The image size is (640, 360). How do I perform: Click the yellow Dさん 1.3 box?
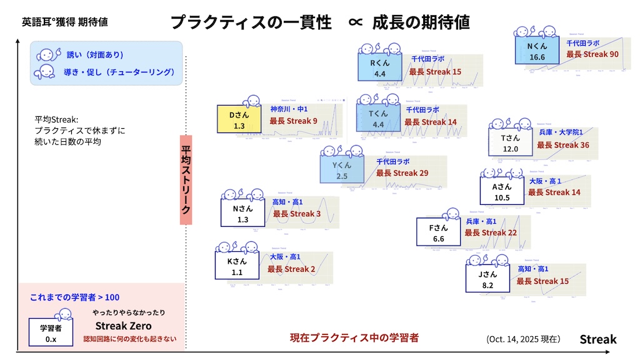(239, 120)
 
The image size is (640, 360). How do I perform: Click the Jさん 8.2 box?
(487, 279)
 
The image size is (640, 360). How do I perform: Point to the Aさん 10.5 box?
(502, 192)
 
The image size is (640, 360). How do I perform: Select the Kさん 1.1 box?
(237, 267)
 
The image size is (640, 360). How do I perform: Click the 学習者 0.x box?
(51, 333)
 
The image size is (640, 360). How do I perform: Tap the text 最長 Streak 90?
(592, 54)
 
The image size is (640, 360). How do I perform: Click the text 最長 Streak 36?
(563, 145)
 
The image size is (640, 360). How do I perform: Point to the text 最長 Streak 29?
(402, 173)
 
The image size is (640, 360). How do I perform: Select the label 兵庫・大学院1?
(561, 132)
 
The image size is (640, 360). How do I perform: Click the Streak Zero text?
(123, 326)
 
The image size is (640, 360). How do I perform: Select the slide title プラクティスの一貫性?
(251, 22)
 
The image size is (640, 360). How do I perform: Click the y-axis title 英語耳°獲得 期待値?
(64, 21)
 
